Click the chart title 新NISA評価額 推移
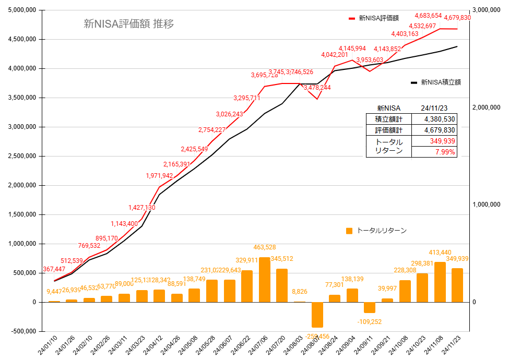(x=128, y=23)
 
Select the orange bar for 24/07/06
(x=265, y=280)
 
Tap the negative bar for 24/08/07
(x=317, y=315)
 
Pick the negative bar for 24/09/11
(x=370, y=307)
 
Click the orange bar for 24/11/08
(x=440, y=282)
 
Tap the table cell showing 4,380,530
(x=434, y=119)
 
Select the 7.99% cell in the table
(x=434, y=152)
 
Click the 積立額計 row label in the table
(x=388, y=119)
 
